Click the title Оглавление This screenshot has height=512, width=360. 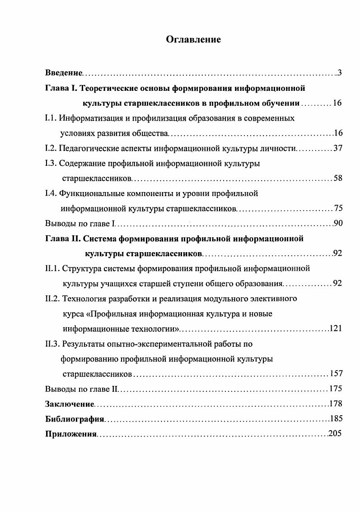tap(193, 40)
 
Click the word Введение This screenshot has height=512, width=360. tap(64, 73)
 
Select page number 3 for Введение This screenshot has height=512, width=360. tap(339, 73)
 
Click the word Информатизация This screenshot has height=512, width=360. tap(88, 118)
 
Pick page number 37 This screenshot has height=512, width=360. tap(337, 148)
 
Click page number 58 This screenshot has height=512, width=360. tap(337, 178)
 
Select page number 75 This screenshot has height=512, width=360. tap(337, 208)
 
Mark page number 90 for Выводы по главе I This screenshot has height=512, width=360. tap(337, 223)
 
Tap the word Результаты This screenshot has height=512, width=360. tap(84, 344)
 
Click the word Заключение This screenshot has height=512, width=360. tap(70, 404)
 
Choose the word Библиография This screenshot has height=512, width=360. tap(75, 418)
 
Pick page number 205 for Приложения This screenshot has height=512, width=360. tap(335, 434)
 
